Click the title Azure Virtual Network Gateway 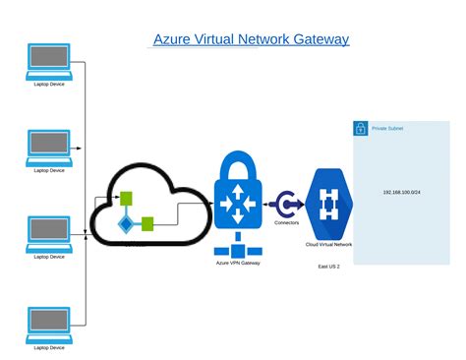click(x=251, y=39)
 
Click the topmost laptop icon click(x=49, y=61)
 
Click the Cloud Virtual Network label click(x=328, y=244)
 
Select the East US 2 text click(x=328, y=267)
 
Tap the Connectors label click(x=287, y=223)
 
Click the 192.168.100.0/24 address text click(x=403, y=192)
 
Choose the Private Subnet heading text click(x=387, y=129)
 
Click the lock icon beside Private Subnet click(x=361, y=128)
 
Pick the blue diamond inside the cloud click(x=126, y=224)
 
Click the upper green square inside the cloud click(x=126, y=197)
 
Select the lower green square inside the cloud click(x=147, y=223)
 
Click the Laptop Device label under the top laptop click(x=49, y=84)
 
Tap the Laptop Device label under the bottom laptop click(x=49, y=347)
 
